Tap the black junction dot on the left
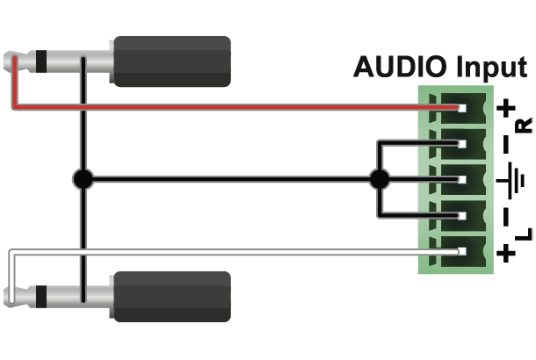pos(83,180)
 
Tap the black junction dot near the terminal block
pos(379,180)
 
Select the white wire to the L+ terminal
pos(220,253)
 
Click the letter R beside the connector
pos(525,126)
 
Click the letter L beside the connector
pos(525,234)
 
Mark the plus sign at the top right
pos(507,109)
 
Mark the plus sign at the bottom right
pos(507,254)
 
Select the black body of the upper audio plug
pos(171,61)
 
